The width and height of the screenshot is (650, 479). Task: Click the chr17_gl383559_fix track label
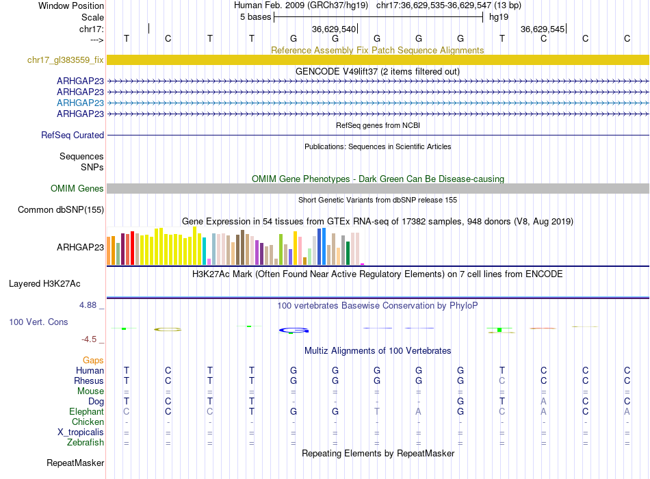pos(66,60)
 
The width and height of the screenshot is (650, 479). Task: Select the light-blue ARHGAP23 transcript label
pos(80,103)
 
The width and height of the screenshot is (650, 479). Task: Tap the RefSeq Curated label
pos(73,135)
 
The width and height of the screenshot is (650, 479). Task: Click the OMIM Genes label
pos(77,188)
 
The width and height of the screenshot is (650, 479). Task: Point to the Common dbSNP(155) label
pos(61,210)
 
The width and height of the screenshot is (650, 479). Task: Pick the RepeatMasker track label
pos(75,463)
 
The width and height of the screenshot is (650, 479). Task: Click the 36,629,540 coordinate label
pos(334,29)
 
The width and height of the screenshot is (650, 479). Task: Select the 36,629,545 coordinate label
pos(543,29)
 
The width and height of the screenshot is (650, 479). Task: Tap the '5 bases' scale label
pos(255,17)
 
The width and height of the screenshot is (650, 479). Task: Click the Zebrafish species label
pos(85,443)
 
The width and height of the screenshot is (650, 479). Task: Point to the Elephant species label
pos(86,412)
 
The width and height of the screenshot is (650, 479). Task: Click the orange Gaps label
pos(93,360)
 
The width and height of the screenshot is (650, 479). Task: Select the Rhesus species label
pos(89,381)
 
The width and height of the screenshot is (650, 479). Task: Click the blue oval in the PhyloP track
pos(294,331)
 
